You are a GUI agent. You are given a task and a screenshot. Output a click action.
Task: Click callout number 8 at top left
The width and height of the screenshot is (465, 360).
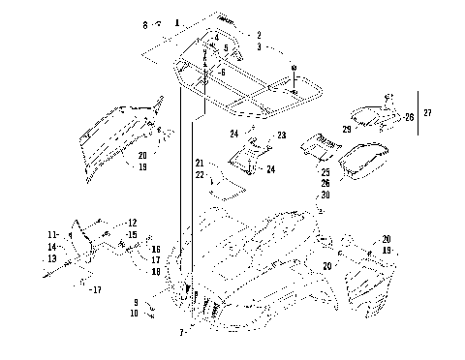(x=146, y=23)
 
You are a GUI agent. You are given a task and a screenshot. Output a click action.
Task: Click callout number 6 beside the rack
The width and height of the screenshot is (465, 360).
(x=223, y=73)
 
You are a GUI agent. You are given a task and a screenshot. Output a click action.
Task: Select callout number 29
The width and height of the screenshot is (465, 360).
(x=347, y=129)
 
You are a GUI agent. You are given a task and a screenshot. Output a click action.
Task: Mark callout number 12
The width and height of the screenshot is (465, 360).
(x=133, y=223)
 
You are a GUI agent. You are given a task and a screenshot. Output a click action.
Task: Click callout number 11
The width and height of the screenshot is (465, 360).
(x=52, y=235)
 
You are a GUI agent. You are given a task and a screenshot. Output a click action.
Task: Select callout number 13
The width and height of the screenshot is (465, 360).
(x=51, y=258)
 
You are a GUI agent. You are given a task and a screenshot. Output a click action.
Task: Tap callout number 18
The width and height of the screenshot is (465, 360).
(x=155, y=272)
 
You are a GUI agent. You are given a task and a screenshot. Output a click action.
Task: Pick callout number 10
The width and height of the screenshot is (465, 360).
(x=137, y=314)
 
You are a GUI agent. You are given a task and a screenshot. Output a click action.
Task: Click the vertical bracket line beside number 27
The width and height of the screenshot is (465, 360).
(x=416, y=114)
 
